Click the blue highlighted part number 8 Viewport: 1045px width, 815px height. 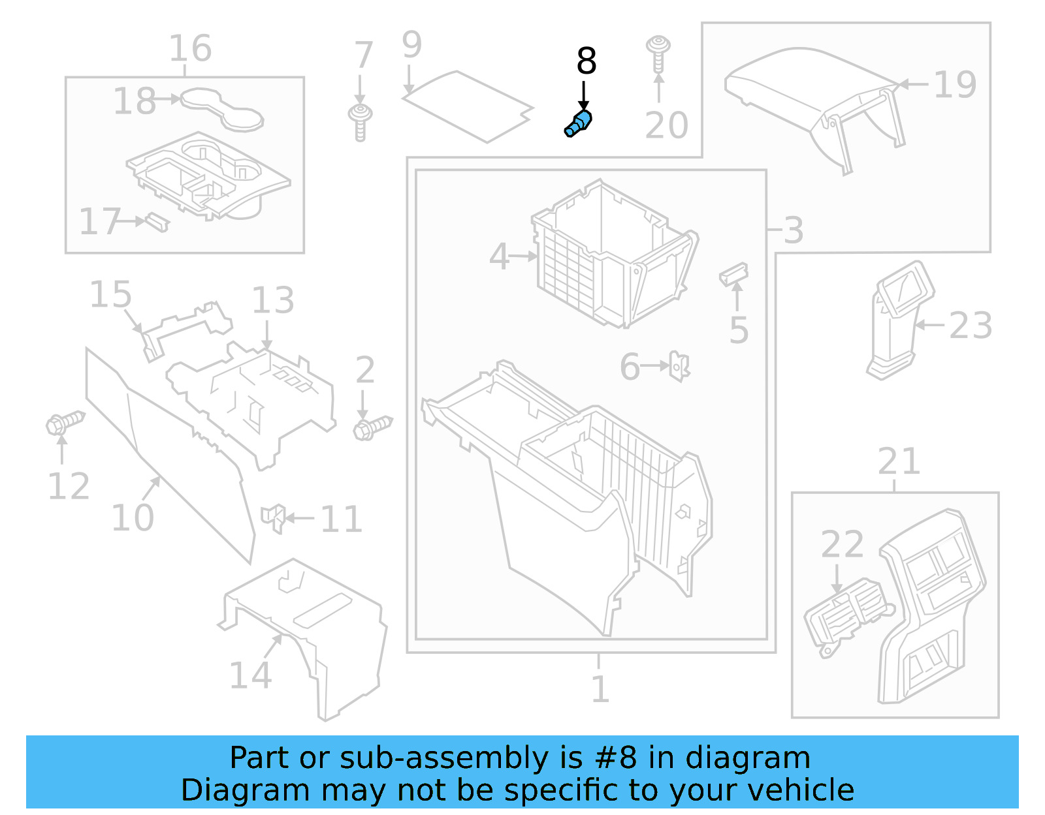[579, 123]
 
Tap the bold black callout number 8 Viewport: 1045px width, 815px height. [586, 61]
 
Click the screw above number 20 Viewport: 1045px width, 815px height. [658, 53]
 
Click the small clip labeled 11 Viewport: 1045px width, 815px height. [273, 517]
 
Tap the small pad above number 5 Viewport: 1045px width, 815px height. [734, 273]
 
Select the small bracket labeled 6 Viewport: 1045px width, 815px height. [679, 366]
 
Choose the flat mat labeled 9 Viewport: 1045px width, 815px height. [467, 106]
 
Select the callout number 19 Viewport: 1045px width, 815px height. [955, 84]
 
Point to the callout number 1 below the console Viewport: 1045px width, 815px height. [600, 688]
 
